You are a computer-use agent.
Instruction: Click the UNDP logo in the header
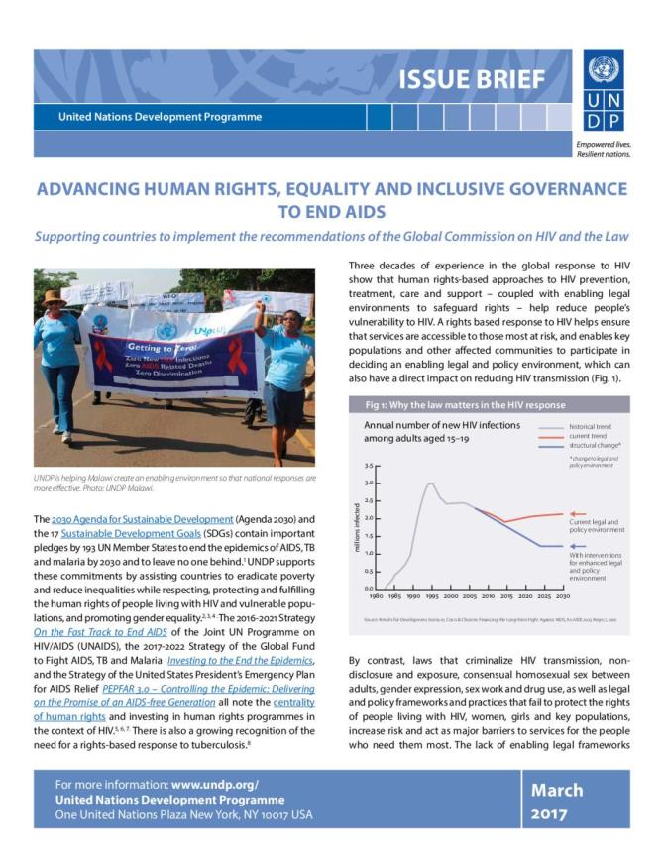[600, 92]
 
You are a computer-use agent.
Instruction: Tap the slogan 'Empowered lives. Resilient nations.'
[602, 150]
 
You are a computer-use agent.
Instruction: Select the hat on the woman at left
[53, 296]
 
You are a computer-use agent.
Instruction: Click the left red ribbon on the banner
[102, 355]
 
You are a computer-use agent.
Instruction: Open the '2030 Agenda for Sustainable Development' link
[129, 519]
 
